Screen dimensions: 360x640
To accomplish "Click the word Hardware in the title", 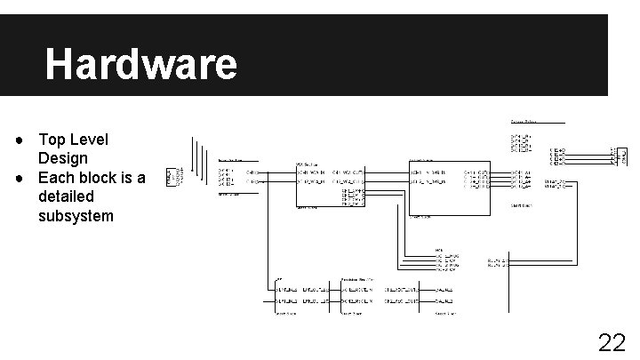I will [141, 64].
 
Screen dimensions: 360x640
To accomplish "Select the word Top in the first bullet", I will [51, 140].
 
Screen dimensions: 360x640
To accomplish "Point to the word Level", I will [89, 140].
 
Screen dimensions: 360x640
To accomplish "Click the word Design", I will [62, 158].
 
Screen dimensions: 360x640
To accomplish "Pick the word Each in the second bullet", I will [55, 177].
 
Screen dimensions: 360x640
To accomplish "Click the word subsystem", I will [76, 215].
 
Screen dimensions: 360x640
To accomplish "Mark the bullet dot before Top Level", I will [19, 140].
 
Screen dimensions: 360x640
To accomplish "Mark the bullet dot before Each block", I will [19, 178].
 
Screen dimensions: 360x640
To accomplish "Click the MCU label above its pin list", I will [438, 249].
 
